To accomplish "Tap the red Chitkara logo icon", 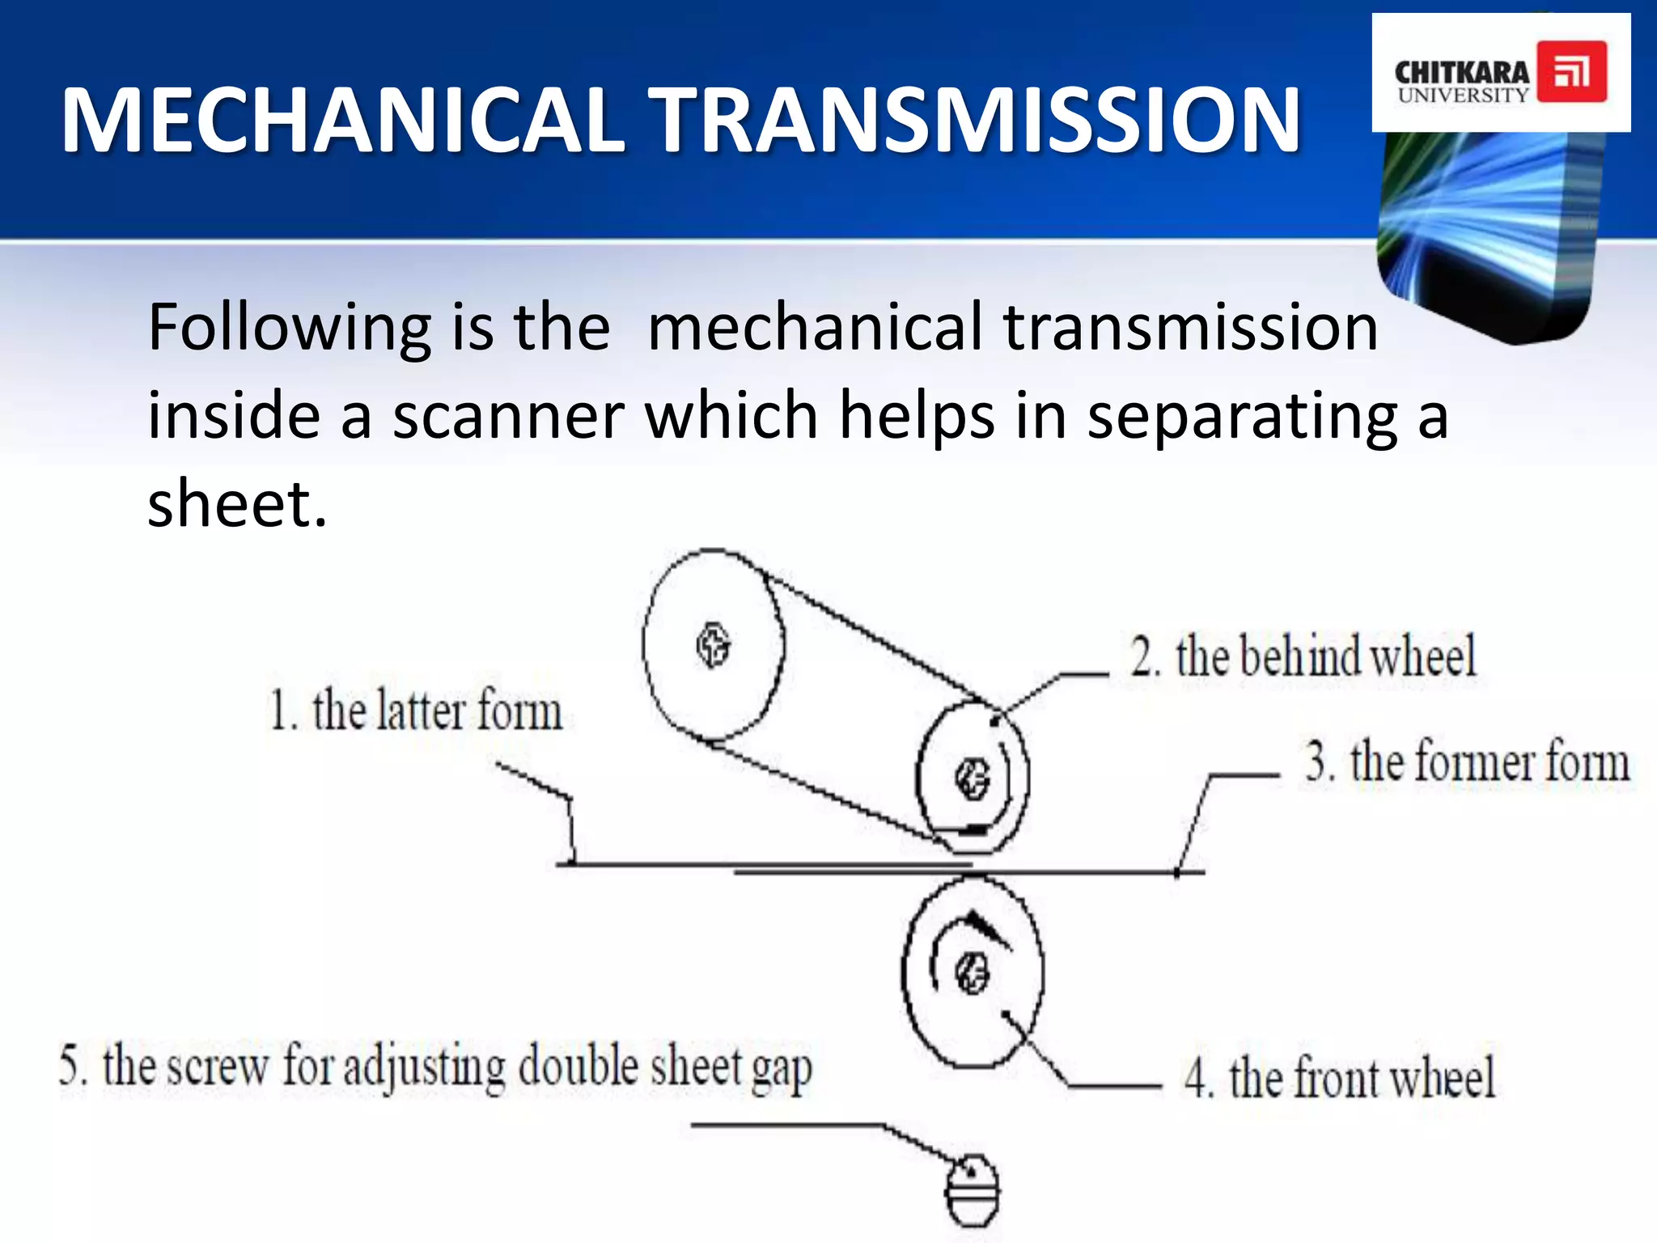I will [1571, 72].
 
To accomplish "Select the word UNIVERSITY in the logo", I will [1463, 95].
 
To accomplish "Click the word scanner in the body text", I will [508, 415].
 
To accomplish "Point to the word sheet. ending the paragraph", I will [237, 503].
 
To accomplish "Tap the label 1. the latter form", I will [416, 711].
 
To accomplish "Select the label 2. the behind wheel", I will [1303, 656].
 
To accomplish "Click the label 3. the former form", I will [1466, 762].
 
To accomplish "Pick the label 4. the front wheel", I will [1339, 1078].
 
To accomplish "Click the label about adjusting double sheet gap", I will [435, 1067].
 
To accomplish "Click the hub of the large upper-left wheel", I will [713, 645].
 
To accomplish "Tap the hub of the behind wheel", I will [972, 778].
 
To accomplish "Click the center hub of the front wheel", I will [972, 972].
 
